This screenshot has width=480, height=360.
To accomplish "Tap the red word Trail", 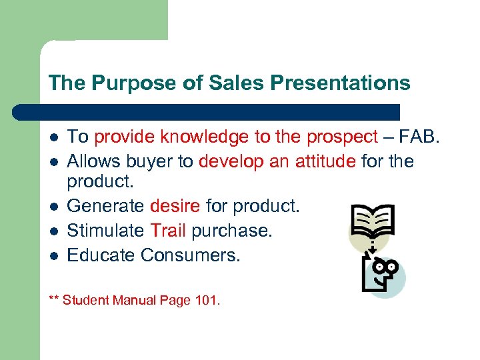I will click(x=169, y=231).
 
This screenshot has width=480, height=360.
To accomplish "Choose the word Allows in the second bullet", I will click(x=91, y=161).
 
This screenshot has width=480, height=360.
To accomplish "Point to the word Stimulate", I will click(x=106, y=231).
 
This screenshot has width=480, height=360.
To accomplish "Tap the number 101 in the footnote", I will click(x=205, y=301).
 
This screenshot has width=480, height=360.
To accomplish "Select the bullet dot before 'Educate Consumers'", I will click(x=53, y=255).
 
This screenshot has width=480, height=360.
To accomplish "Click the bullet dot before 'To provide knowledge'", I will click(x=53, y=138).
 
